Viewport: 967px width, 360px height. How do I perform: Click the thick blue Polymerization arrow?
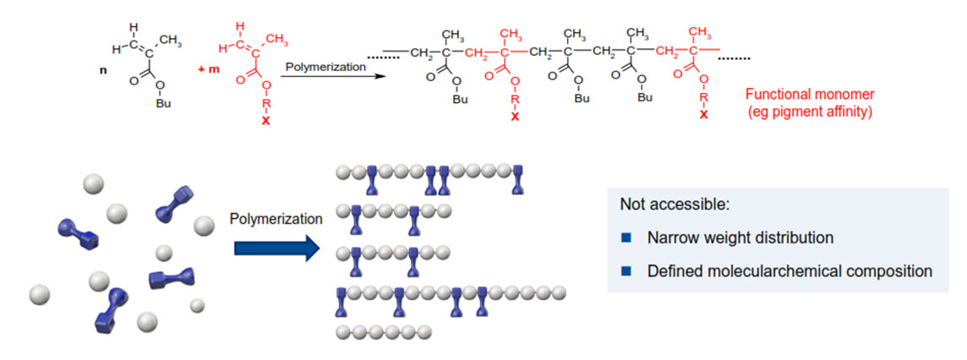click(x=275, y=248)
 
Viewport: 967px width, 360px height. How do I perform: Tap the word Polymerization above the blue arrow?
click(x=276, y=219)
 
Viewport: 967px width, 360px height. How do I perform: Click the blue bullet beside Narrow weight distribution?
click(x=626, y=238)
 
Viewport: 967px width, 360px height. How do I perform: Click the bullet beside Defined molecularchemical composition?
click(x=626, y=271)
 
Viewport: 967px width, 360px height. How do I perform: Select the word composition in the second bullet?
click(x=892, y=271)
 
